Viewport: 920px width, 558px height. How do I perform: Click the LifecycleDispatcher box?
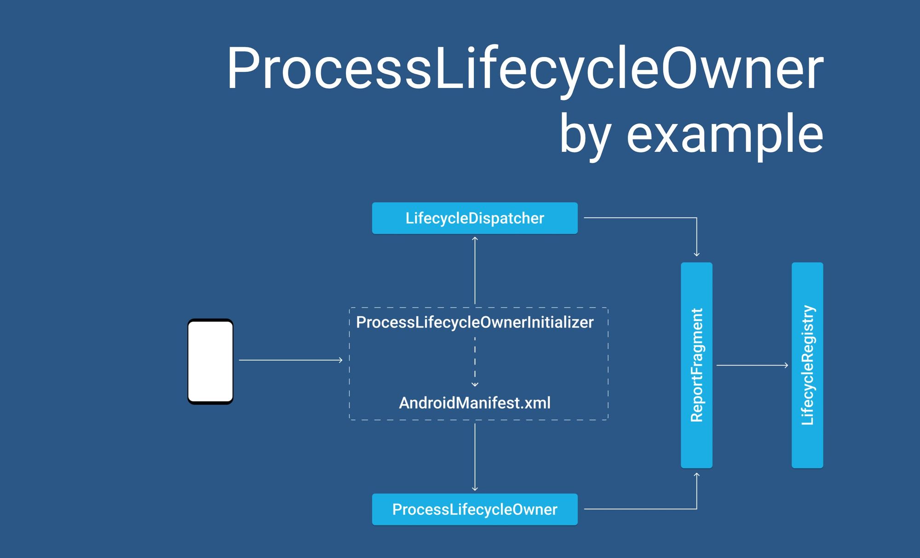pyautogui.click(x=474, y=218)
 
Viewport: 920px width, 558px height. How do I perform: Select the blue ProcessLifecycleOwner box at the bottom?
pyautogui.click(x=474, y=509)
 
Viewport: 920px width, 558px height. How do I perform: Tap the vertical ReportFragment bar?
pyautogui.click(x=696, y=365)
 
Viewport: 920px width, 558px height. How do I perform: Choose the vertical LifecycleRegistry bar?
pyautogui.click(x=807, y=365)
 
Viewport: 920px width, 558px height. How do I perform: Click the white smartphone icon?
pyautogui.click(x=210, y=361)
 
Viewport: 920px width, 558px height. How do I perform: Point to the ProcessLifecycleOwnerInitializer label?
pyautogui.click(x=474, y=322)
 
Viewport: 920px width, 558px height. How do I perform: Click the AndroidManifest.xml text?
pyautogui.click(x=474, y=403)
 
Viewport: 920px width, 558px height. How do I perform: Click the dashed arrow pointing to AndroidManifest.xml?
pyautogui.click(x=475, y=361)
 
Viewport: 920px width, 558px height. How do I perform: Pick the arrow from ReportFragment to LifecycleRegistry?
pyautogui.click(x=752, y=365)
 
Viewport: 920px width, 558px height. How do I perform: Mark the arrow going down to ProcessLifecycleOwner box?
pyautogui.click(x=475, y=456)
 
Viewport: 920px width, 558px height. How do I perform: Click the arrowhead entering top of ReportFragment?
pyautogui.click(x=696, y=254)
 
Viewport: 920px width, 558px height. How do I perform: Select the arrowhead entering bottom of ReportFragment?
pyautogui.click(x=696, y=476)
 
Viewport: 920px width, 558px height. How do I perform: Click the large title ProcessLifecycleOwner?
pyautogui.click(x=524, y=69)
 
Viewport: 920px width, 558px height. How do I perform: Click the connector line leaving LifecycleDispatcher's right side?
pyautogui.click(x=639, y=218)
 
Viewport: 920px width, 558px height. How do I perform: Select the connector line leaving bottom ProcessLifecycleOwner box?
pyautogui.click(x=639, y=509)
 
